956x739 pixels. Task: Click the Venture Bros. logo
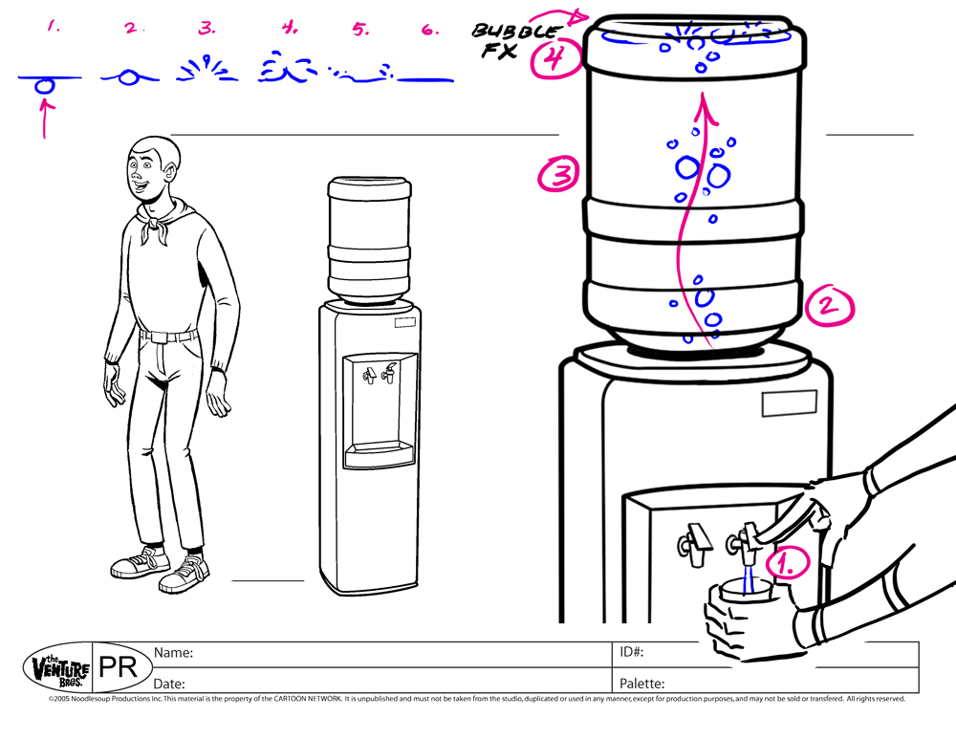tap(59, 667)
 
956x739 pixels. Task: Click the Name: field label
tap(174, 653)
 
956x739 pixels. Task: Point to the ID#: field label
tap(631, 653)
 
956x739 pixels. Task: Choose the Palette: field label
tap(641, 684)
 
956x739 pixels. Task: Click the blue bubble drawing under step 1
tap(44, 85)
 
